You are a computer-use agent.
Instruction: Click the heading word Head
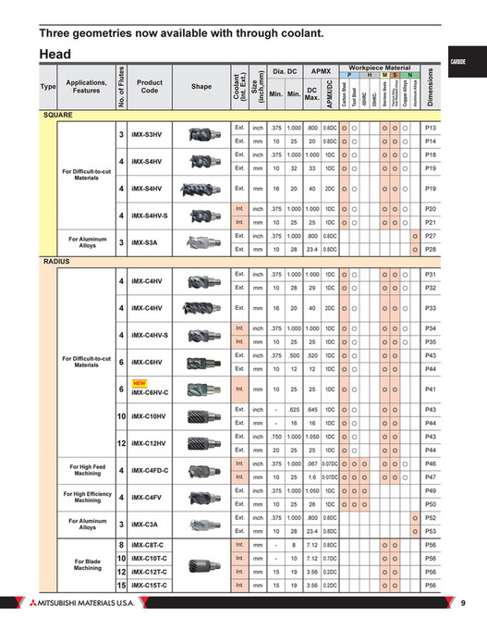pos(56,55)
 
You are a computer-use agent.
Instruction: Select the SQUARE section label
pos(58,115)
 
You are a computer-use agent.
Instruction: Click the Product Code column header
pos(149,86)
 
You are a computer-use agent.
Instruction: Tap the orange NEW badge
pos(140,383)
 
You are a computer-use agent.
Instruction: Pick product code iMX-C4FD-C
pos(152,470)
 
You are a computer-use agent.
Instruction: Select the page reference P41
pos(430,390)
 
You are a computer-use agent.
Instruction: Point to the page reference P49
pos(430,490)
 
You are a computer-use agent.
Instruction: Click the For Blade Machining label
pos(87,564)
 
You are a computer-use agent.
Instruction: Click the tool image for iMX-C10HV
pos(201,416)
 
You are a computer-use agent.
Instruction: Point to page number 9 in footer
pos(462,604)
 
